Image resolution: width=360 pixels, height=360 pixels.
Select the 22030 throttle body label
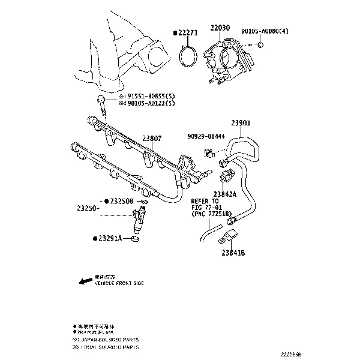(x=220, y=28)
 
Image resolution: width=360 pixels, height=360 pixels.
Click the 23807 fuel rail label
(x=152, y=138)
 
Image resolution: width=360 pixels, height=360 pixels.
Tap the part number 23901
(x=241, y=123)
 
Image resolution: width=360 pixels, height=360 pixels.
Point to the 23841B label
(x=233, y=253)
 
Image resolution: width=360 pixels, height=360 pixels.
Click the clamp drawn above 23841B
(x=230, y=236)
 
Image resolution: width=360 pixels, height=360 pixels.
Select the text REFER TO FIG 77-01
(x=205, y=208)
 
